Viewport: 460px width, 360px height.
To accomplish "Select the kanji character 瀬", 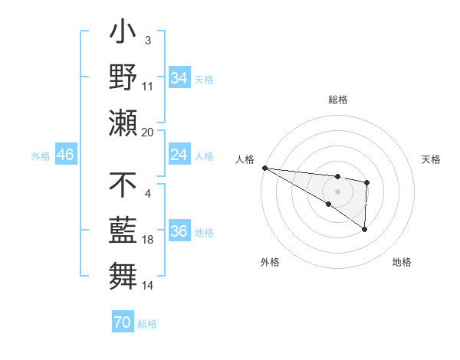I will (123, 123).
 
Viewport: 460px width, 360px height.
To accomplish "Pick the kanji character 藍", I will (123, 230).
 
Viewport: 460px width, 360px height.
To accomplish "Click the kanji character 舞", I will (123, 274).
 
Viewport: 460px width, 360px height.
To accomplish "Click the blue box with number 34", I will (179, 77).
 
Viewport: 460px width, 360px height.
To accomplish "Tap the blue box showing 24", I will (179, 155).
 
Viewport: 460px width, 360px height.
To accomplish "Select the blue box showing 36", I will (179, 231).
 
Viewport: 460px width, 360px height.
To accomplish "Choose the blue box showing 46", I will (65, 155).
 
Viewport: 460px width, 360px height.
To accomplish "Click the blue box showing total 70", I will (122, 322).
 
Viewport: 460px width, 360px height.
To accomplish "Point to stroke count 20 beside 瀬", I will (148, 132).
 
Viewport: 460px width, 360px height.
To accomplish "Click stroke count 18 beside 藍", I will (148, 239).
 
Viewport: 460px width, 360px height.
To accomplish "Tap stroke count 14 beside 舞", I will (148, 285).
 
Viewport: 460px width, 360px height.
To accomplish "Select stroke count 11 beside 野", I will (148, 86).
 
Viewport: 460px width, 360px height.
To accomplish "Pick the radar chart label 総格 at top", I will (337, 100).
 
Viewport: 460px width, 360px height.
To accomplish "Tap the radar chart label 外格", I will (269, 262).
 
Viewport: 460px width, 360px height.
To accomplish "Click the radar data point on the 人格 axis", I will (264, 168).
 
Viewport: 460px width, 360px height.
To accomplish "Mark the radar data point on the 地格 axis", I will (364, 229).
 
